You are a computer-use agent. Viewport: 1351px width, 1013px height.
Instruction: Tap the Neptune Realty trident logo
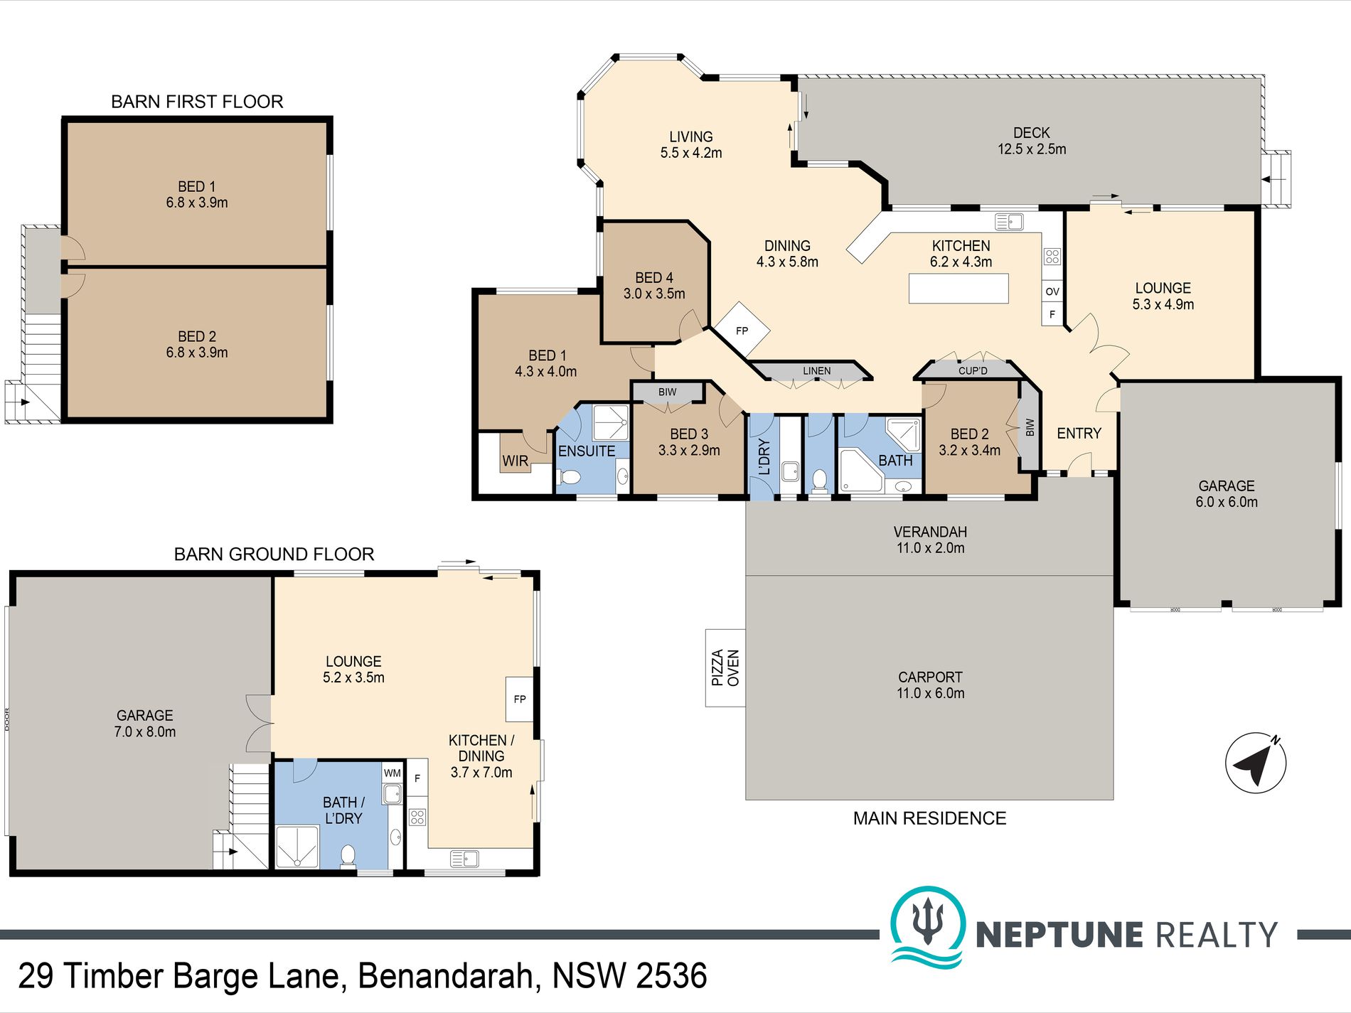(x=928, y=926)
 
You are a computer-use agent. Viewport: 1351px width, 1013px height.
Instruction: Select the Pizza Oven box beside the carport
(x=725, y=668)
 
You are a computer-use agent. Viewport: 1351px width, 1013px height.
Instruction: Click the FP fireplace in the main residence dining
(x=742, y=331)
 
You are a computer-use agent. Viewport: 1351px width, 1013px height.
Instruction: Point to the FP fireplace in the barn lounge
(x=520, y=699)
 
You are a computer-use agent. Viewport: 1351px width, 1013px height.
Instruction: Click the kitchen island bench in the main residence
(x=958, y=288)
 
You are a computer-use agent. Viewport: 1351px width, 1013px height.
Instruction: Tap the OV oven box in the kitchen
(x=1052, y=291)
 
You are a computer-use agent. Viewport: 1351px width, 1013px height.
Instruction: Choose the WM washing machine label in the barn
(x=393, y=773)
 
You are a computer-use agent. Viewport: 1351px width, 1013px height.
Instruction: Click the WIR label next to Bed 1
(x=516, y=461)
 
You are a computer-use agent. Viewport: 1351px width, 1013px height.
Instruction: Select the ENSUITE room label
(x=587, y=451)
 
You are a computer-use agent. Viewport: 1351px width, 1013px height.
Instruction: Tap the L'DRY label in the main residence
(x=764, y=456)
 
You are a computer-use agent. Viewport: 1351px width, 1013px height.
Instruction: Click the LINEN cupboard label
(x=817, y=371)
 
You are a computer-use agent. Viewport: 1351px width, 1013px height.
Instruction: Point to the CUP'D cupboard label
(x=973, y=370)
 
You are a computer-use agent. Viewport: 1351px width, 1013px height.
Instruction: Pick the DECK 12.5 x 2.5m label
(x=1032, y=141)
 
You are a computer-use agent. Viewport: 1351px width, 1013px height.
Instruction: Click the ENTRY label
(x=1079, y=433)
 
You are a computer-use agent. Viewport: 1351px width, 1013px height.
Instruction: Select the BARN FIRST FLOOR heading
(x=197, y=102)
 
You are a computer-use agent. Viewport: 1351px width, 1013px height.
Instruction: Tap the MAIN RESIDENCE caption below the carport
(x=929, y=818)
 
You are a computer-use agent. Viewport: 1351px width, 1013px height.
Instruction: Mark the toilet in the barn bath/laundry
(x=348, y=856)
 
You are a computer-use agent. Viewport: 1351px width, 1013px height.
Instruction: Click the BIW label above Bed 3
(x=667, y=392)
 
